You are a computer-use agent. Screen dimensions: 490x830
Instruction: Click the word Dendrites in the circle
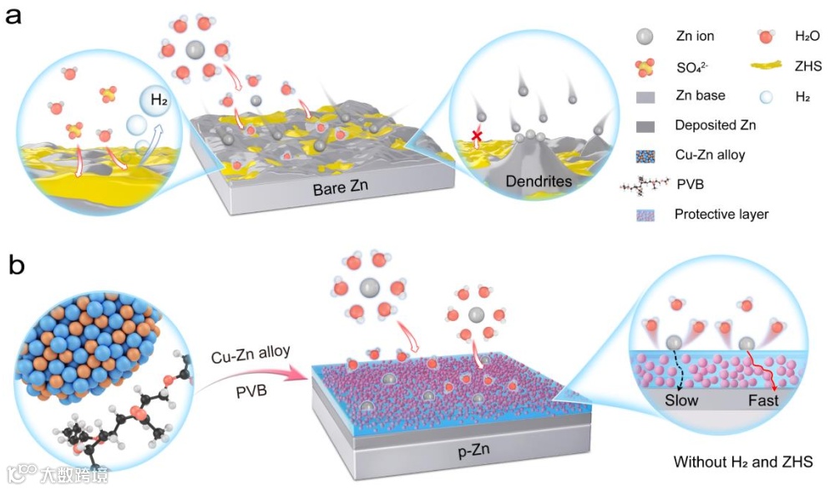(x=534, y=180)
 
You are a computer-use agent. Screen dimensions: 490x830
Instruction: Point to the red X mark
(x=478, y=135)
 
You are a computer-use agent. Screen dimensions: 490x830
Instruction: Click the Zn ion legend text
(x=695, y=38)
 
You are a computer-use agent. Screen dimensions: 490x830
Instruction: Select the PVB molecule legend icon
(x=645, y=186)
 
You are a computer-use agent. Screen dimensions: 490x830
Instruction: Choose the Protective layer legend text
(x=721, y=214)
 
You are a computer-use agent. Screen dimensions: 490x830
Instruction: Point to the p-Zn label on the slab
(x=473, y=452)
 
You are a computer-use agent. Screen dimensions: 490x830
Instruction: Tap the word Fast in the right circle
(x=763, y=401)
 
